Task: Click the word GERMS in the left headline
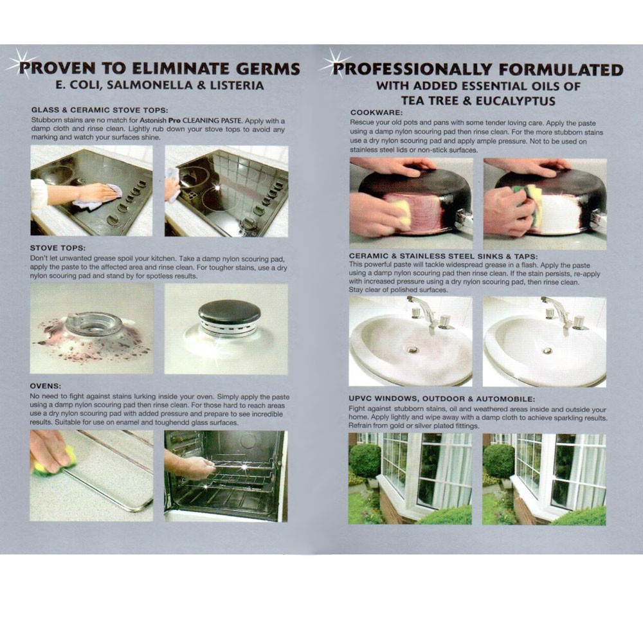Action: (267, 68)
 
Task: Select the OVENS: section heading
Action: (46, 386)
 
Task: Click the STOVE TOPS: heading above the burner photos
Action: (58, 248)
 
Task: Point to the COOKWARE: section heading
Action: (376, 113)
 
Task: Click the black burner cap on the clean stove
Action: (230, 312)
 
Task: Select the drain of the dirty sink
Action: (412, 350)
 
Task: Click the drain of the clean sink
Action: (547, 350)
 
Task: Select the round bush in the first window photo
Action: (365, 460)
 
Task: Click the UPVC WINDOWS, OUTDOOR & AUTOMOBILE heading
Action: (442, 399)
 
